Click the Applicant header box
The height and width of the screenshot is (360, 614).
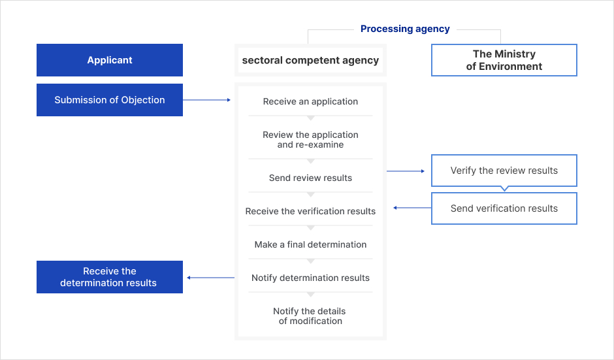pos(110,60)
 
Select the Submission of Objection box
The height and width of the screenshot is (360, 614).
pos(110,100)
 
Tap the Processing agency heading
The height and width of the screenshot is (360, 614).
pos(405,29)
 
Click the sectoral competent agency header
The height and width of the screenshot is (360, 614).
pos(310,60)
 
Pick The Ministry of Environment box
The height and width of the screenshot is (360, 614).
pos(504,60)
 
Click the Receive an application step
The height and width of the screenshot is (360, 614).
pos(310,101)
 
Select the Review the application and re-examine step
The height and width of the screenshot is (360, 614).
pos(310,139)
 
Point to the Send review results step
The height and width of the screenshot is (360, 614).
pos(310,178)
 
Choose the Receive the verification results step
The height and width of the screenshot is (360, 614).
pos(310,211)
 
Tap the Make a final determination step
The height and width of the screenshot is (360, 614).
pos(310,244)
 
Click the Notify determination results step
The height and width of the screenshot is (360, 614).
pos(310,278)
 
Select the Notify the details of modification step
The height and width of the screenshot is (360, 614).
pos(310,316)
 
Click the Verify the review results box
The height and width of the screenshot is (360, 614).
pos(504,171)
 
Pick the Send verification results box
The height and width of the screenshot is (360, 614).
pos(504,208)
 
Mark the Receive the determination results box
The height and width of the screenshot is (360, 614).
pos(110,277)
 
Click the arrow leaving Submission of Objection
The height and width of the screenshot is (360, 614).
pos(207,100)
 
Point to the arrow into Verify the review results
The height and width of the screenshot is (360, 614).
pos(406,171)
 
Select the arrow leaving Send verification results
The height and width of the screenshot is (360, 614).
pos(412,208)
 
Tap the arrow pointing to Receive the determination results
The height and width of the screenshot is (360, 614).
pos(211,278)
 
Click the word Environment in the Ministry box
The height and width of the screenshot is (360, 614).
pos(510,66)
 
